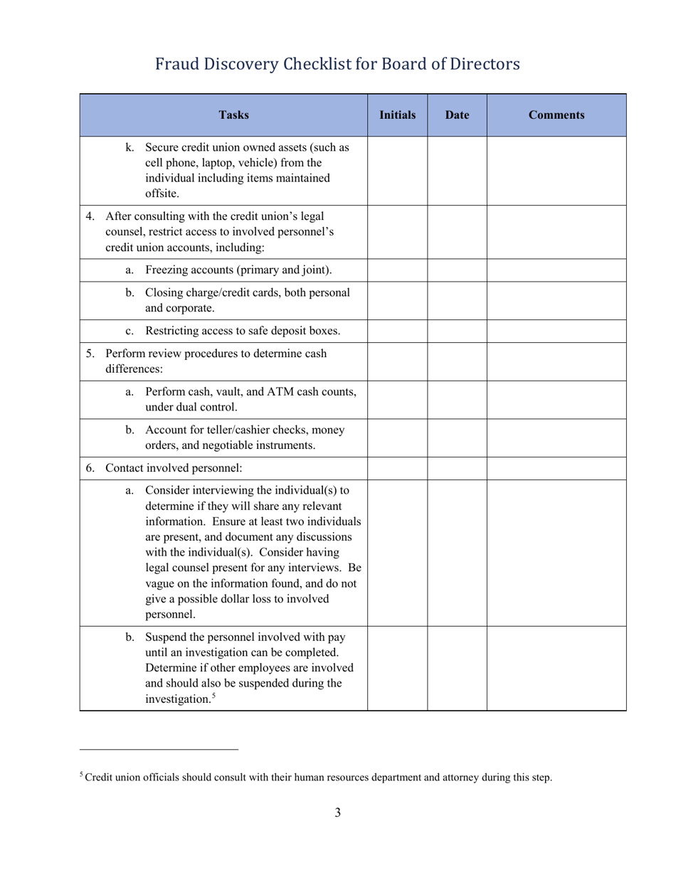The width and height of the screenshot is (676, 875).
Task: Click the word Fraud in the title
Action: [x=178, y=65]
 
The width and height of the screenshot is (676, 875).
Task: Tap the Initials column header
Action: [x=397, y=115]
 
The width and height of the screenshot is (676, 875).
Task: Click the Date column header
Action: [x=456, y=115]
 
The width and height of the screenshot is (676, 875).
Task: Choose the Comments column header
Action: [x=556, y=115]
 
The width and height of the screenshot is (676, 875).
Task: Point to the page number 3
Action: [x=337, y=813]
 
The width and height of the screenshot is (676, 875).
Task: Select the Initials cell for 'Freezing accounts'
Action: [x=397, y=270]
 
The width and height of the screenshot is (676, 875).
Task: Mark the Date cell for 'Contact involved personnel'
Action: [x=456, y=468]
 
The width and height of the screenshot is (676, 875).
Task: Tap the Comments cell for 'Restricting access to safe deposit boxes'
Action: [x=556, y=331]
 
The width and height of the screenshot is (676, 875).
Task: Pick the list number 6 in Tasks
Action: [x=90, y=468]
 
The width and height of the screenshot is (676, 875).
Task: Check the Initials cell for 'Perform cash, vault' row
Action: [x=397, y=399]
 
